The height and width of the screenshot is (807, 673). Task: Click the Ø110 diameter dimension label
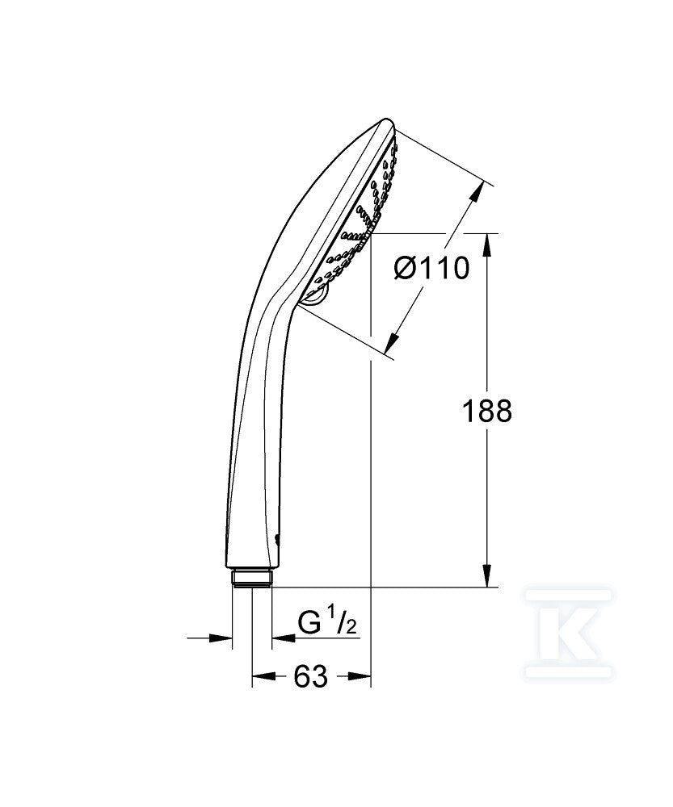(x=431, y=268)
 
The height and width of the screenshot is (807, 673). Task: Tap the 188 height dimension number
(x=487, y=411)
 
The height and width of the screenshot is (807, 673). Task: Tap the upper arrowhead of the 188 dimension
(x=487, y=245)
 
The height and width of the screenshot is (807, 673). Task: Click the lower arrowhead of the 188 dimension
(x=487, y=575)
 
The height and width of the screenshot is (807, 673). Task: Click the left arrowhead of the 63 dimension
(x=263, y=675)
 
